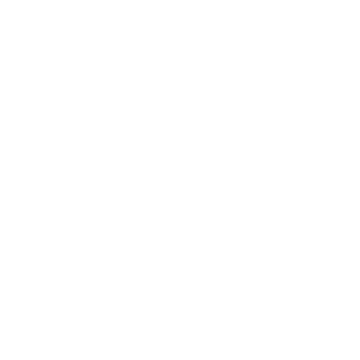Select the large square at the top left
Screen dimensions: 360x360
[x=93, y=76]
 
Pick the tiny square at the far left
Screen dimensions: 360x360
[x=59, y=122]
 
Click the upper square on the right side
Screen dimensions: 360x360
[x=259, y=71]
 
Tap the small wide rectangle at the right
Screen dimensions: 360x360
[x=293, y=109]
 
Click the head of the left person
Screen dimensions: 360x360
[x=94, y=240]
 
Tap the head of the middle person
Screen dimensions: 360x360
[x=180, y=271]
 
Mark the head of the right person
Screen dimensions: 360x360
[x=266, y=240]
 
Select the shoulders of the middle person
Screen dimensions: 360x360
[x=180, y=305]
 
